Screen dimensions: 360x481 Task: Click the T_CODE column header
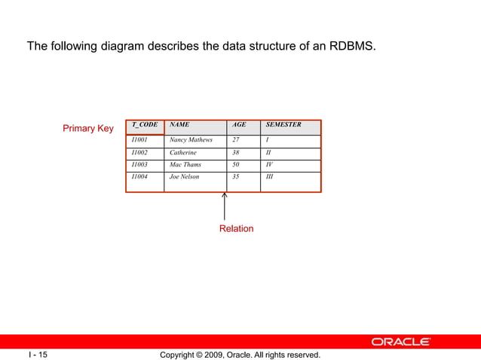pyautogui.click(x=144, y=125)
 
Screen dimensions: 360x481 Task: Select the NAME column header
pyautogui.click(x=179, y=125)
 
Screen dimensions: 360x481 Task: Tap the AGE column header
pyautogui.click(x=238, y=125)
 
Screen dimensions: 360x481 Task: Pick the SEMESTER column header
pyautogui.click(x=283, y=125)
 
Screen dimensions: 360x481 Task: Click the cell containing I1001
pyautogui.click(x=139, y=140)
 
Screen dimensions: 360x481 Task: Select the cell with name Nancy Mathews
pyautogui.click(x=191, y=140)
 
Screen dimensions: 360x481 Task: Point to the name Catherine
pyautogui.click(x=182, y=152)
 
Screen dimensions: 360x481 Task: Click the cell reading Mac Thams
pyautogui.click(x=185, y=164)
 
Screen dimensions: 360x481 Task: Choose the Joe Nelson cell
pyautogui.click(x=185, y=177)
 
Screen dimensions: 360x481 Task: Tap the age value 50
pyautogui.click(x=236, y=164)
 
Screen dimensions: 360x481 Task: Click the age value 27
pyautogui.click(x=236, y=140)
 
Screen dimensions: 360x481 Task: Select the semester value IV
pyautogui.click(x=270, y=164)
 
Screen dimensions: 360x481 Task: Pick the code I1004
pyautogui.click(x=139, y=177)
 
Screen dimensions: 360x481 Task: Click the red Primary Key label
pyautogui.click(x=87, y=129)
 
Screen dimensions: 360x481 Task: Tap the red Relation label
pyautogui.click(x=236, y=228)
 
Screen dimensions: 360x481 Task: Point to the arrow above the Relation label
pyautogui.click(x=225, y=206)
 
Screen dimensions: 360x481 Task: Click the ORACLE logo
pyautogui.click(x=400, y=342)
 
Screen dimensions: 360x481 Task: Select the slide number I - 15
pyautogui.click(x=38, y=354)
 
